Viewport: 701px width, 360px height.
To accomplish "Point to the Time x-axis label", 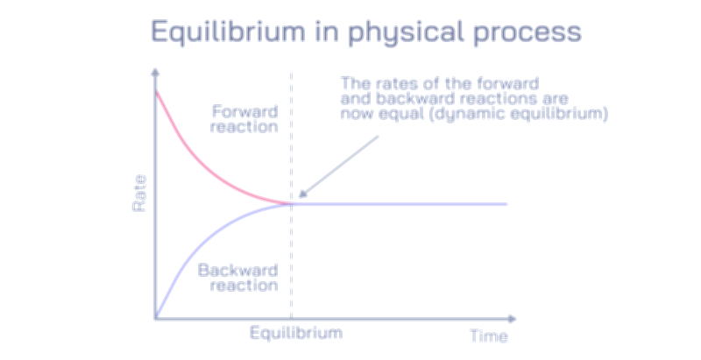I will pyautogui.click(x=488, y=335).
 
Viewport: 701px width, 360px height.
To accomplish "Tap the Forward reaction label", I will pyautogui.click(x=245, y=119).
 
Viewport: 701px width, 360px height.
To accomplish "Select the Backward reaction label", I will pyautogui.click(x=238, y=277).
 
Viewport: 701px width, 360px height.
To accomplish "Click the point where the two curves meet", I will pyautogui.click(x=290, y=203).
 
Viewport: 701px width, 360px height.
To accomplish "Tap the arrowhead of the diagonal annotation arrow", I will pyautogui.click(x=301, y=196).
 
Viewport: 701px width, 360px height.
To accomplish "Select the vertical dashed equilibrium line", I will pyautogui.click(x=290, y=263).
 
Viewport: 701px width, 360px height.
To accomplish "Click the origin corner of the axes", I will pyautogui.click(x=156, y=317).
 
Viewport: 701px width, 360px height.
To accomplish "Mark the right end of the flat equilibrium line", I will pyautogui.click(x=506, y=203).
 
